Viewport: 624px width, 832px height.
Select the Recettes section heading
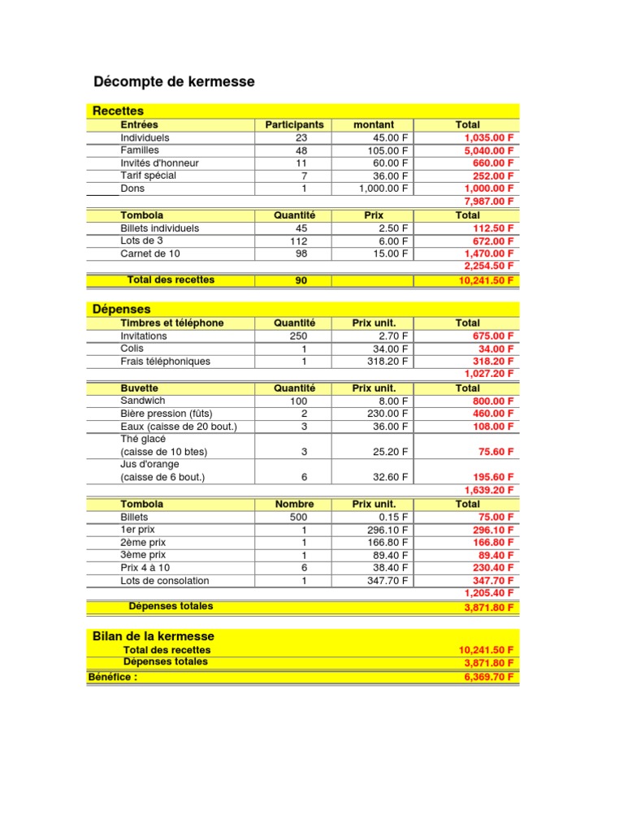click(x=119, y=110)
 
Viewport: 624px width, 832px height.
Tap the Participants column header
click(x=294, y=125)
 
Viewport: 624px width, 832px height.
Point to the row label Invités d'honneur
click(x=159, y=163)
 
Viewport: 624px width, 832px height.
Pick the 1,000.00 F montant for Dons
click(x=384, y=188)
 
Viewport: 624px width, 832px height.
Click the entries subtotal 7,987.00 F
click(x=489, y=201)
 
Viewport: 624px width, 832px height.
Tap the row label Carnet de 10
click(x=150, y=253)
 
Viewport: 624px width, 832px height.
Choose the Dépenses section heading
click(x=122, y=309)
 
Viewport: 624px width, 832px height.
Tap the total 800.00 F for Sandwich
click(x=493, y=401)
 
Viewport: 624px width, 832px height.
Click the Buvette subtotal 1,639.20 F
click(x=489, y=491)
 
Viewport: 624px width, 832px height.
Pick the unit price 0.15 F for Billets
click(x=394, y=517)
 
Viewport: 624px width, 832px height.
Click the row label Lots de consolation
click(x=165, y=581)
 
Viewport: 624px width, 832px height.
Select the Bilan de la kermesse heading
click(x=154, y=636)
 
